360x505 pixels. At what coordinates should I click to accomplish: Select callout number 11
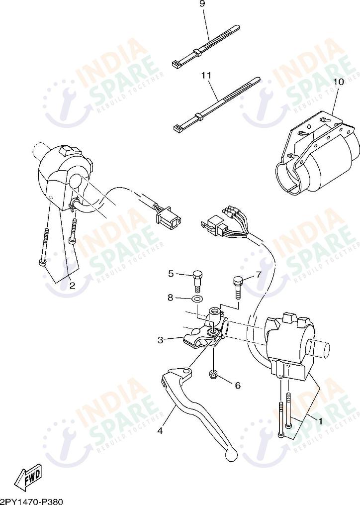206,75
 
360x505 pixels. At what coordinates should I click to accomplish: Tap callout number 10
338,81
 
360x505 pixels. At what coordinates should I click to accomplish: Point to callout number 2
72,286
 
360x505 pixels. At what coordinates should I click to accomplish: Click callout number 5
171,273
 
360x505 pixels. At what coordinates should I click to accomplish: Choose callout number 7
259,274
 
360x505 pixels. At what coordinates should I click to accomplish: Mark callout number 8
171,298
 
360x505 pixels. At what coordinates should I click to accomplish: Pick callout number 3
161,340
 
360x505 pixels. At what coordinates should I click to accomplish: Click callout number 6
237,385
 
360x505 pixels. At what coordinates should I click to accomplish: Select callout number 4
160,431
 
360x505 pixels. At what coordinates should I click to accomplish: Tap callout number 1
321,421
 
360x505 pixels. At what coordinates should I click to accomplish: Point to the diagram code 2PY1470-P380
32,501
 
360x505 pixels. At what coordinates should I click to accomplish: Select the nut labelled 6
214,374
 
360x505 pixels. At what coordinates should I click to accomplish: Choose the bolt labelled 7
237,287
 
